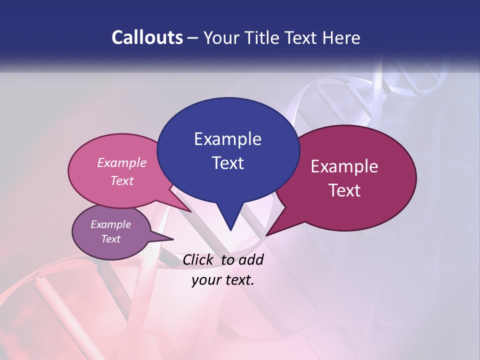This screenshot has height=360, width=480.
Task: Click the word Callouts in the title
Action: coord(147,37)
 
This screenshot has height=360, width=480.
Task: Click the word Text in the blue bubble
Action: coord(227,163)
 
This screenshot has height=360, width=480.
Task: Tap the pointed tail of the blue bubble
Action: coord(230,227)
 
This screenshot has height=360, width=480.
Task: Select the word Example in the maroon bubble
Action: coord(344,166)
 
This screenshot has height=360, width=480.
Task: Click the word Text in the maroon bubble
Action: coord(344,190)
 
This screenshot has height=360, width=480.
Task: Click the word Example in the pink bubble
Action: coord(122,162)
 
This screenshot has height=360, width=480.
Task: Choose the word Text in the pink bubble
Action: coord(122,180)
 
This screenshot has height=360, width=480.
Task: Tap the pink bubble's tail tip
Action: coord(190,211)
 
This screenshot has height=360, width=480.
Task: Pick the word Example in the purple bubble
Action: coord(111,224)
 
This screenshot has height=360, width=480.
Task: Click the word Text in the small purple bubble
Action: coord(111,239)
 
